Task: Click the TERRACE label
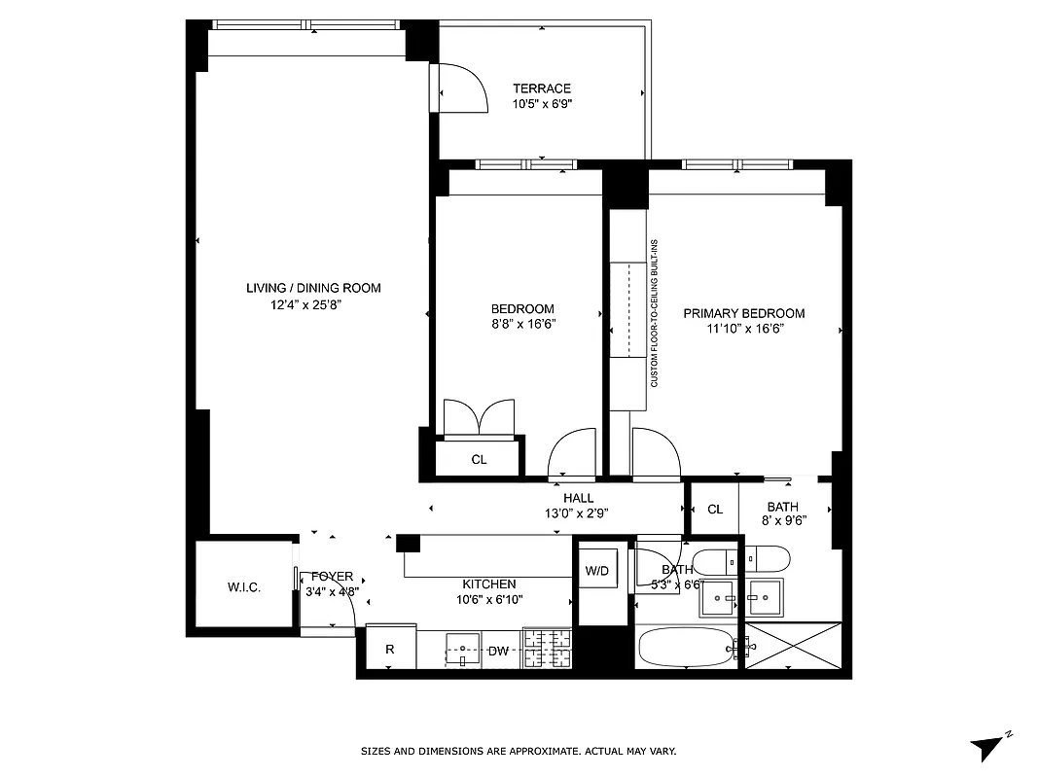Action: [x=542, y=88]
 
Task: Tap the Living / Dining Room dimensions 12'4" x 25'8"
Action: [x=306, y=304]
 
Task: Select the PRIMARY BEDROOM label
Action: [x=743, y=313]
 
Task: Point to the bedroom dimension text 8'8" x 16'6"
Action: [x=523, y=324]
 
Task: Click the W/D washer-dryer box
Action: [x=596, y=571]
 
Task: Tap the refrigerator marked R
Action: [x=389, y=650]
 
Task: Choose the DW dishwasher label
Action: [x=498, y=651]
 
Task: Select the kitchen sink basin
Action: [x=463, y=647]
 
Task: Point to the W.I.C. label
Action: [x=243, y=587]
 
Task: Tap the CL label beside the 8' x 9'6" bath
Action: [x=715, y=509]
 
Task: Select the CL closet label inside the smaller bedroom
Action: [x=479, y=460]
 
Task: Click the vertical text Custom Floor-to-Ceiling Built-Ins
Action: [x=655, y=313]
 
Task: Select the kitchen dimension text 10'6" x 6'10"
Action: [x=491, y=599]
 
